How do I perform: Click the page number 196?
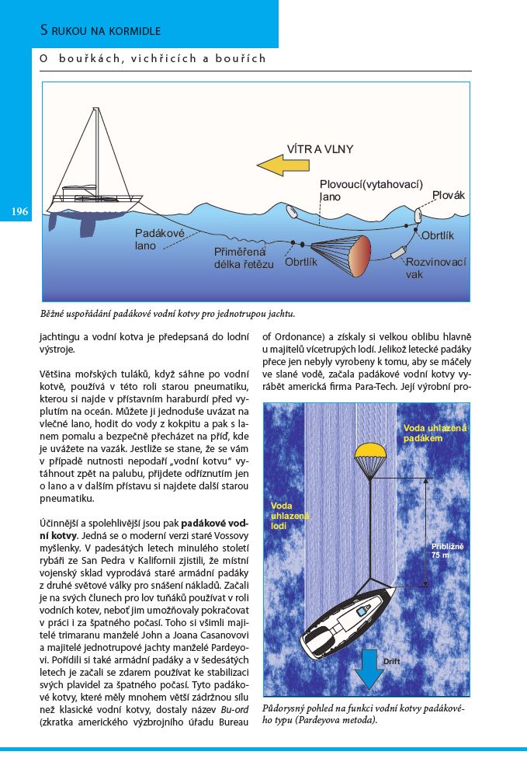pos(19,212)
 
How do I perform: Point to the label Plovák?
pos(448,196)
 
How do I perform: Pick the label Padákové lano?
pos(154,239)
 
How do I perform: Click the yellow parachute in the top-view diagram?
pos(370,452)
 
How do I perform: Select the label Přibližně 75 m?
pos(447,551)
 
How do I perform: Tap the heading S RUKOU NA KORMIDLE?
pos(100,31)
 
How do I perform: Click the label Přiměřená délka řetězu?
pos(244,257)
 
